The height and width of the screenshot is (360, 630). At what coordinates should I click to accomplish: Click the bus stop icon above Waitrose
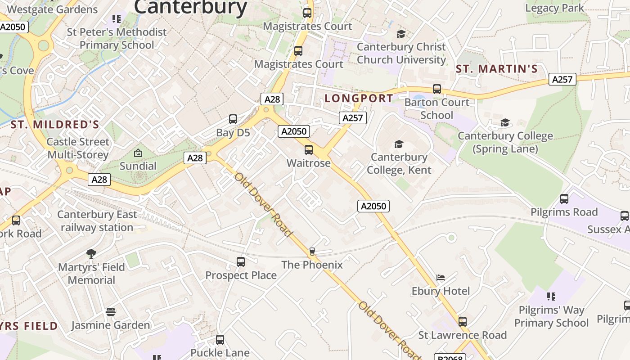309,150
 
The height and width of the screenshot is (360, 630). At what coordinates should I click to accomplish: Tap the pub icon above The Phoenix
312,251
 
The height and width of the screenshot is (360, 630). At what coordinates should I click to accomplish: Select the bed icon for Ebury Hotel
441,278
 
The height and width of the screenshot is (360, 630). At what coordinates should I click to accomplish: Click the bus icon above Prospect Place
241,261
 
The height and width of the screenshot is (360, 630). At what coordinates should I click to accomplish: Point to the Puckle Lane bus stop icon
220,340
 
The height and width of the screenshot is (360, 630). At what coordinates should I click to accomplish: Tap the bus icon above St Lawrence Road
463,322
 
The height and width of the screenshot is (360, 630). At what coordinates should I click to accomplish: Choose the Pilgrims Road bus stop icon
564,198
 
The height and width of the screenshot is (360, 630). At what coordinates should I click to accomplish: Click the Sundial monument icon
138,153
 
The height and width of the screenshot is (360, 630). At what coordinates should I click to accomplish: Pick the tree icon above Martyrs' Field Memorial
91,254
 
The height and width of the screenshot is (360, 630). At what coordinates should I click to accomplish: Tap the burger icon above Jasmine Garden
111,312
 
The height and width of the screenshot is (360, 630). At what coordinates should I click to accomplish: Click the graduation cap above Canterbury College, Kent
399,144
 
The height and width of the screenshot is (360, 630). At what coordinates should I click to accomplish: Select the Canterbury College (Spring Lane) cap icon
505,123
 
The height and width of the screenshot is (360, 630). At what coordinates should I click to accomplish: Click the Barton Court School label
436,108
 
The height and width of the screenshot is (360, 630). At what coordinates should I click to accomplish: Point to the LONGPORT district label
359,98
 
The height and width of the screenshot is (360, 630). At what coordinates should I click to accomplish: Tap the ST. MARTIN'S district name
497,69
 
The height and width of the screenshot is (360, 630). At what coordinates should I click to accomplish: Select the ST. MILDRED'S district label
55,125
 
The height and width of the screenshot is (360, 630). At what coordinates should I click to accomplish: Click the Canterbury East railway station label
97,221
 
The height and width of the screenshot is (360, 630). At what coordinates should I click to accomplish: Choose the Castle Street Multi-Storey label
78,148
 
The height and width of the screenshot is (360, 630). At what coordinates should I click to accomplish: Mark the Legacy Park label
554,8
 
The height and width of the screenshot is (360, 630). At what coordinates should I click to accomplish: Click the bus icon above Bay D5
233,119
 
